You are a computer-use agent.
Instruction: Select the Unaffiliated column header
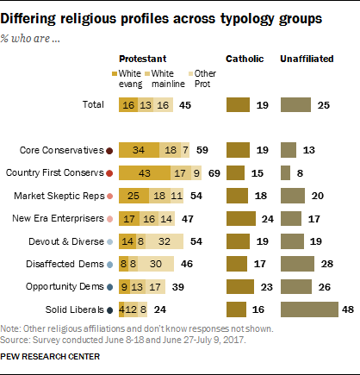(307, 58)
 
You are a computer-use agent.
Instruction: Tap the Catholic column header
(243, 58)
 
